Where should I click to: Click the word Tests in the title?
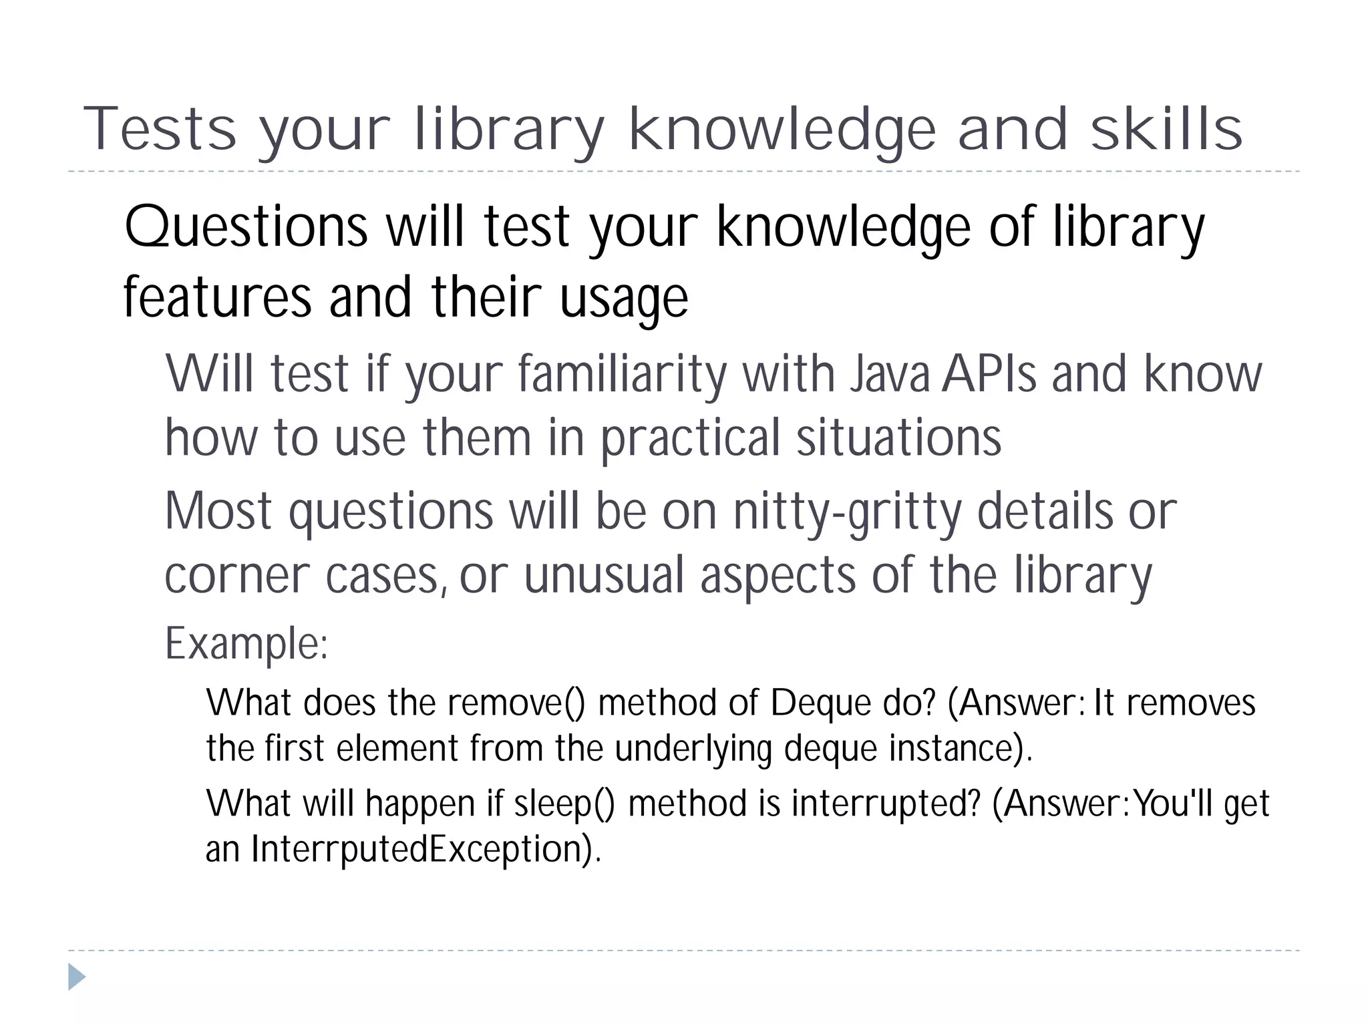tap(160, 129)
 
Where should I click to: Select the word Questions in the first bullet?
tap(246, 227)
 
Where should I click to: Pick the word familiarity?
tap(621, 374)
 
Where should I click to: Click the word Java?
tap(890, 374)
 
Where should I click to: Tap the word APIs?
tap(989, 374)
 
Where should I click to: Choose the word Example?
tap(246, 644)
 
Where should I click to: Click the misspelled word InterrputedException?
tap(421, 849)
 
